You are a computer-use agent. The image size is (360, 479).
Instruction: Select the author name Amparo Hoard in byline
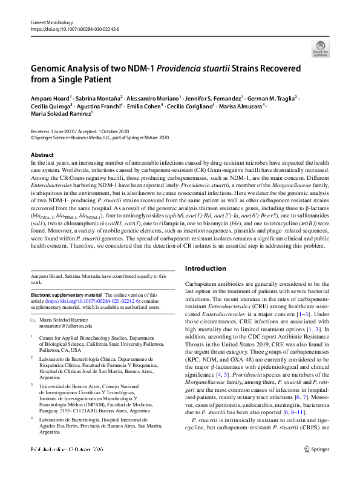pyautogui.click(x=50, y=97)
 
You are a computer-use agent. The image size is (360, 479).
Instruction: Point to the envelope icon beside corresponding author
pyautogui.click(x=34, y=319)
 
